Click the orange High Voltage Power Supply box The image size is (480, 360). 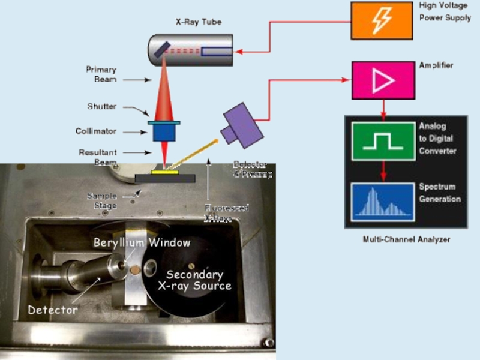pos(382,21)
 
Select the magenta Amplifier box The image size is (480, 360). pos(382,80)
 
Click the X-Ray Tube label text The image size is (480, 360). pos(198,22)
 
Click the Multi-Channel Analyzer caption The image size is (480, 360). pos(406,239)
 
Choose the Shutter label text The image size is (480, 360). pos(102,107)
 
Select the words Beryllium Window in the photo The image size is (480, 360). pos(142,242)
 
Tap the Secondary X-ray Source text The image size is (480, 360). pos(194,280)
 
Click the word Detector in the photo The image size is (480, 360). pos(53,310)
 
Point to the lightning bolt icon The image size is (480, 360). pos(382,21)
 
